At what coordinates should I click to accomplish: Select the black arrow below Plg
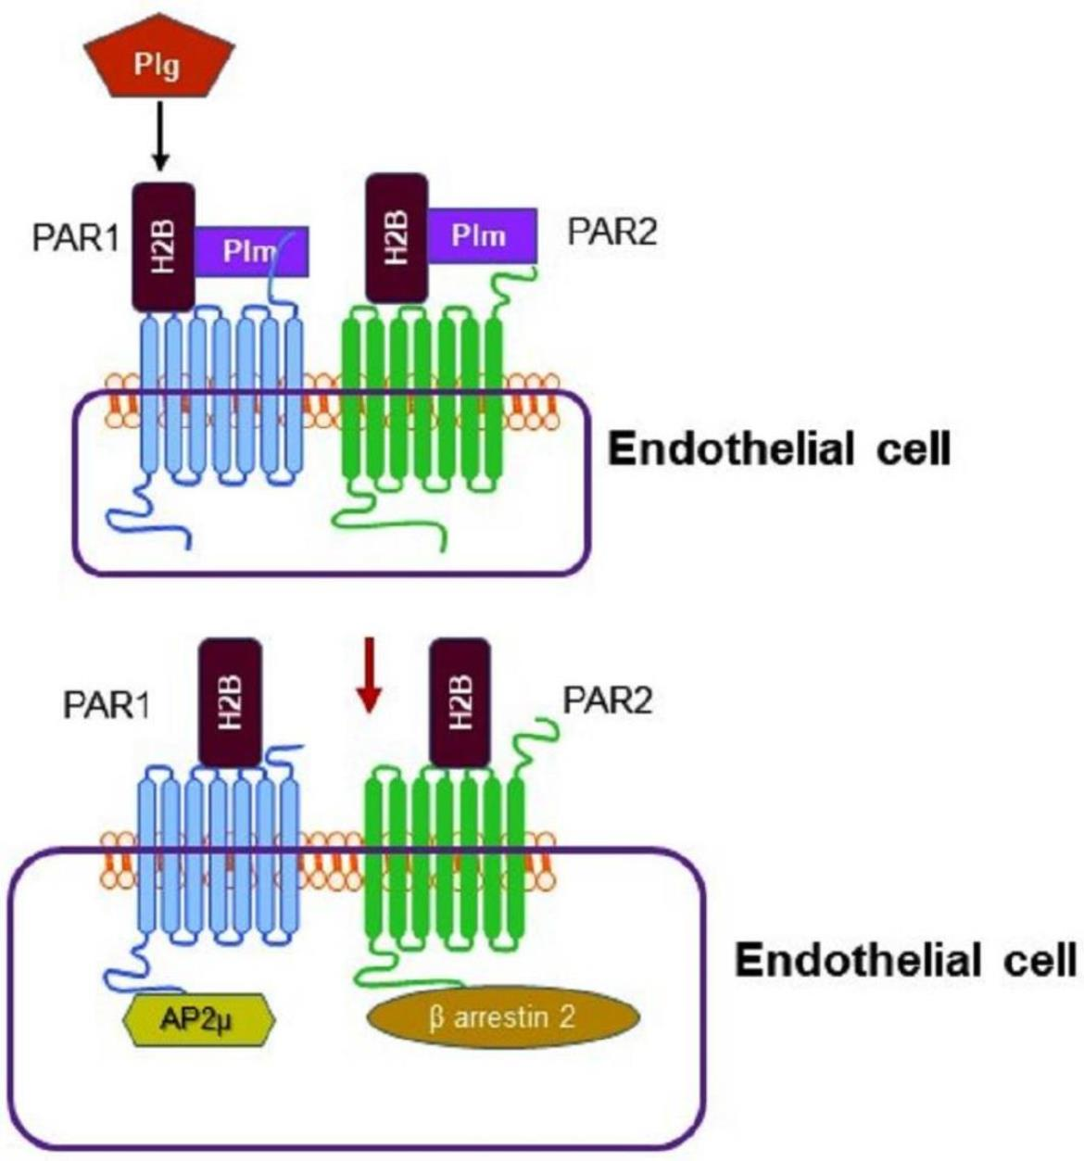(x=159, y=135)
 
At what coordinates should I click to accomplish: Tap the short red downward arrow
(x=369, y=675)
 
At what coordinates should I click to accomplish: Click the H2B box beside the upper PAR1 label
(x=163, y=247)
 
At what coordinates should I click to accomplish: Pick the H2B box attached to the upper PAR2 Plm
(x=397, y=238)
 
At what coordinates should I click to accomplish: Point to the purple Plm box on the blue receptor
(x=251, y=251)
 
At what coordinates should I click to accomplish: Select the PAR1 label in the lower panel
(x=107, y=706)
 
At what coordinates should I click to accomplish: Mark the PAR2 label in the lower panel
(x=607, y=700)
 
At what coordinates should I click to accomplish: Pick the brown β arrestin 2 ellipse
(x=503, y=1017)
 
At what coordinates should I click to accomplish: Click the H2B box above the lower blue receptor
(x=230, y=702)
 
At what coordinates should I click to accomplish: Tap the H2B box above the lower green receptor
(x=460, y=702)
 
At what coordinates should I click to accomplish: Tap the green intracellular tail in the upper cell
(x=386, y=517)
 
